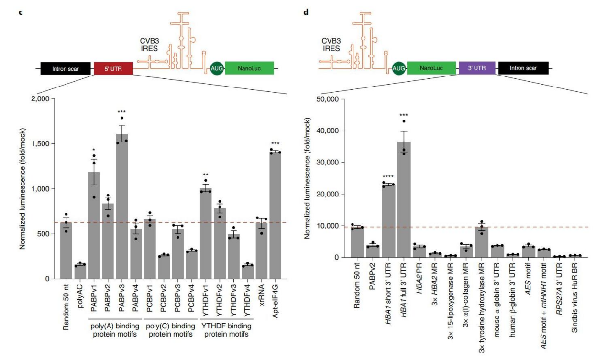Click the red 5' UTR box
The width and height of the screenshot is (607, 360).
(x=113, y=68)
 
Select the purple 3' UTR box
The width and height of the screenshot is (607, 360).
(x=474, y=68)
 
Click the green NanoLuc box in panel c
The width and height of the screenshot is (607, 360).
(x=249, y=68)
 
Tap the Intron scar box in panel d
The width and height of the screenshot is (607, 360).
(x=523, y=68)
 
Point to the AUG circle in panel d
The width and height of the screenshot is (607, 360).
(x=398, y=69)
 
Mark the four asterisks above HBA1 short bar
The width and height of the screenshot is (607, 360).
(x=388, y=176)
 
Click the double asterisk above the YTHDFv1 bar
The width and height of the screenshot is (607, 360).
(x=206, y=175)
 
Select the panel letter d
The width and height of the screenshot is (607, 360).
(x=306, y=11)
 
